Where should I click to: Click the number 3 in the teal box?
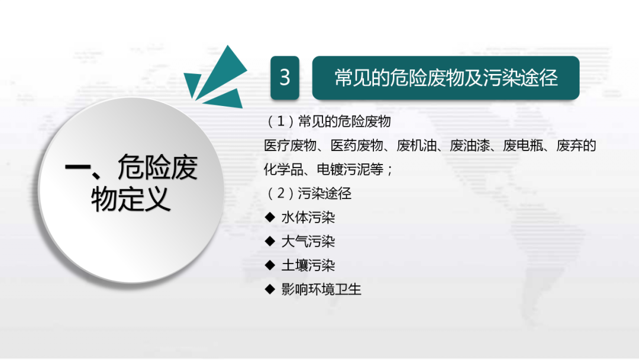(285, 78)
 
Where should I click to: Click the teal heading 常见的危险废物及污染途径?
(446, 78)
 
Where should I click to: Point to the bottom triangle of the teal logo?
(226, 99)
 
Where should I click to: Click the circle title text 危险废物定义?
(131, 183)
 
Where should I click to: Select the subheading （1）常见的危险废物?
(328, 121)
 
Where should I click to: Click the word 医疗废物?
(290, 146)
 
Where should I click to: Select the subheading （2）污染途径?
(308, 193)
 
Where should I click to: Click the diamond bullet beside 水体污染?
(270, 217)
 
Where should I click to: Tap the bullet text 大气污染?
(308, 242)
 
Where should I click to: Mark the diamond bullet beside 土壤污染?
(270, 265)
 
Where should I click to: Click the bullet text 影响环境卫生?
(321, 290)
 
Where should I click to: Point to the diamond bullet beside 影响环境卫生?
(270, 290)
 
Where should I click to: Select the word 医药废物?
(357, 146)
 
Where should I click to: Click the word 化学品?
(283, 169)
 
